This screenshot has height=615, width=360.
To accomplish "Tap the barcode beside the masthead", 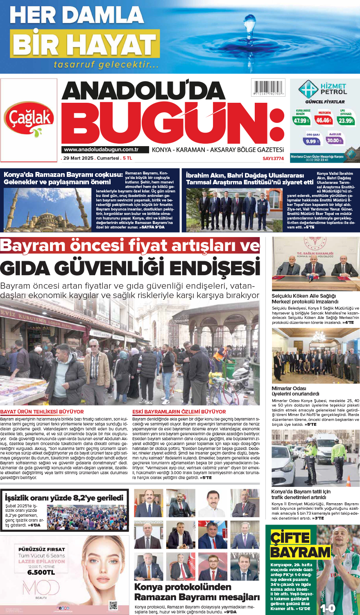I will point(268,88).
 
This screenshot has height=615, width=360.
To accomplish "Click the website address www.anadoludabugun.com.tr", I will point(101,150).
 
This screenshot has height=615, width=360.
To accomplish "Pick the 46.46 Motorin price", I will point(324,120).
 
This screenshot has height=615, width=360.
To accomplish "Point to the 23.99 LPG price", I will point(346,120).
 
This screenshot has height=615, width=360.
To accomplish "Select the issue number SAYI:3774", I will point(273,158).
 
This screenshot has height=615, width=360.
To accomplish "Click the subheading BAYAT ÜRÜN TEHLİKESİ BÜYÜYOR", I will point(42,412).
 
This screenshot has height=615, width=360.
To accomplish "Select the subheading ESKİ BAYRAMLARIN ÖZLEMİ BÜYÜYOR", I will point(179,412).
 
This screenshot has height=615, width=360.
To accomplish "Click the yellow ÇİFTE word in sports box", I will point(290,538).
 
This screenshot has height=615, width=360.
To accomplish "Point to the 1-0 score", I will point(327,608).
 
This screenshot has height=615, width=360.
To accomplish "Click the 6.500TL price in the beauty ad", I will point(41,572).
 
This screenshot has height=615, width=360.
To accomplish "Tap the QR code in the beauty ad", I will point(113,605).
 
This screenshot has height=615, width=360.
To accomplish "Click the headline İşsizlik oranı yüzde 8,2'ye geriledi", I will point(64,498).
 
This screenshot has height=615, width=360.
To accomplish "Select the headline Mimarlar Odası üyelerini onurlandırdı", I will point(295,391).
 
